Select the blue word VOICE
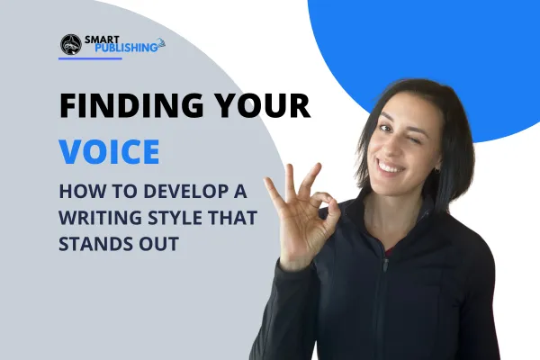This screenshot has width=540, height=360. (x=109, y=150)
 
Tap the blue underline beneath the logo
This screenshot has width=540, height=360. (x=103, y=59)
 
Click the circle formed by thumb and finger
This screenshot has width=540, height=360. (x=319, y=214)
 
